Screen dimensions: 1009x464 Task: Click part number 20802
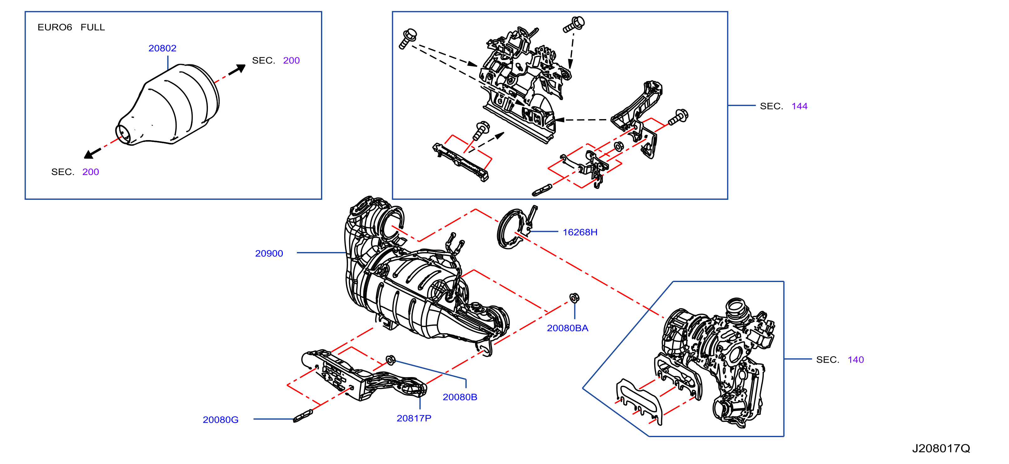pos(162,48)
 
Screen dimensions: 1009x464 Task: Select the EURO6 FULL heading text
pos(71,27)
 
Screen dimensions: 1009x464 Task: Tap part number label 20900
pos(269,253)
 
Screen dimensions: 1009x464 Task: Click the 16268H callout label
pos(580,232)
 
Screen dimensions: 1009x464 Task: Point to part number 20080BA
pos(567,328)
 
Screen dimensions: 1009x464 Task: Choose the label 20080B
pos(459,397)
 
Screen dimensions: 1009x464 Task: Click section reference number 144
pos(799,106)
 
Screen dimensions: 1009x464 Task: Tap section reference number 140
pos(856,360)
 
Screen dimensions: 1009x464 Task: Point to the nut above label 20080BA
pos(574,298)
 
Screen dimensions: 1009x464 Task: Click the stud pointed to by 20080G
pos(303,416)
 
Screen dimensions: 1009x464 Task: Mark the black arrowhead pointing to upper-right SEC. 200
pos(238,70)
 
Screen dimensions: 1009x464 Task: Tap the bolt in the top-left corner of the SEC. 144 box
pos(408,39)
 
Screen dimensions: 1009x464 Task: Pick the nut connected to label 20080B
pos(391,360)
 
